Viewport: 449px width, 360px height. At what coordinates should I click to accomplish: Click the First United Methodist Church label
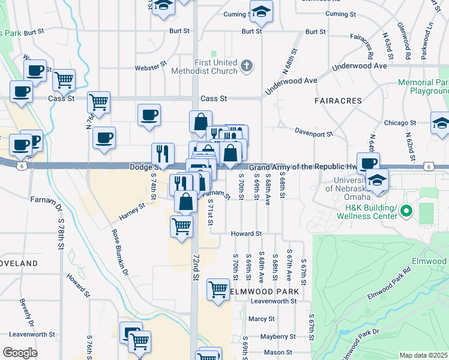point(216,67)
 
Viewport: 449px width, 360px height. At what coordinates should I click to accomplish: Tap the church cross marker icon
point(246,65)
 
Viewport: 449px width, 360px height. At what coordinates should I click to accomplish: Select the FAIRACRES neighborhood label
point(338,101)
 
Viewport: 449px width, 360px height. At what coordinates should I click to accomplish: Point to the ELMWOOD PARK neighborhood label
point(264,292)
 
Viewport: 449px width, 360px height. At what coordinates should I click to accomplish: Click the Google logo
point(20,353)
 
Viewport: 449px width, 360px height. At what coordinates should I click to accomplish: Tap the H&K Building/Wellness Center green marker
point(406,211)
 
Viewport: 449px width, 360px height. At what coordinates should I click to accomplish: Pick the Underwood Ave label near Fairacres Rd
point(359,66)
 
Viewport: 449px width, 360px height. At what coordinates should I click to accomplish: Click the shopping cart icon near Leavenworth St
point(218,289)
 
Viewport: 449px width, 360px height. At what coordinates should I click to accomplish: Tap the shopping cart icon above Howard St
point(181,226)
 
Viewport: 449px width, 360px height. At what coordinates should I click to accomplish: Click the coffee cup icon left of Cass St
point(22,92)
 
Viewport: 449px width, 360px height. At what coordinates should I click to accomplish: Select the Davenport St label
point(313,133)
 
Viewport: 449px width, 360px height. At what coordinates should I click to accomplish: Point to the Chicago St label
point(396,123)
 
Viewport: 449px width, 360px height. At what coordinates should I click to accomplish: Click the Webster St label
point(149,68)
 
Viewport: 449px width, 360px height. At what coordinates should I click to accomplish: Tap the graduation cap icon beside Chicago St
point(441,124)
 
